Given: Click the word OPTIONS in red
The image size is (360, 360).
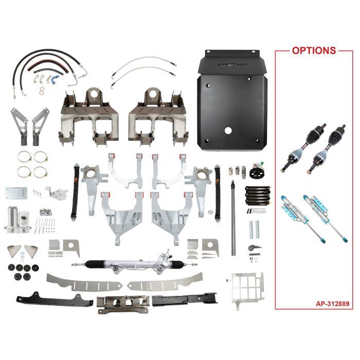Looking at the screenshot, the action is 314,51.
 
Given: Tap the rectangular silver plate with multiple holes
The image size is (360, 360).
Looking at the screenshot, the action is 15,193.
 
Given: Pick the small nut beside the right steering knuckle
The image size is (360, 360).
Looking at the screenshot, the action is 211,211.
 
